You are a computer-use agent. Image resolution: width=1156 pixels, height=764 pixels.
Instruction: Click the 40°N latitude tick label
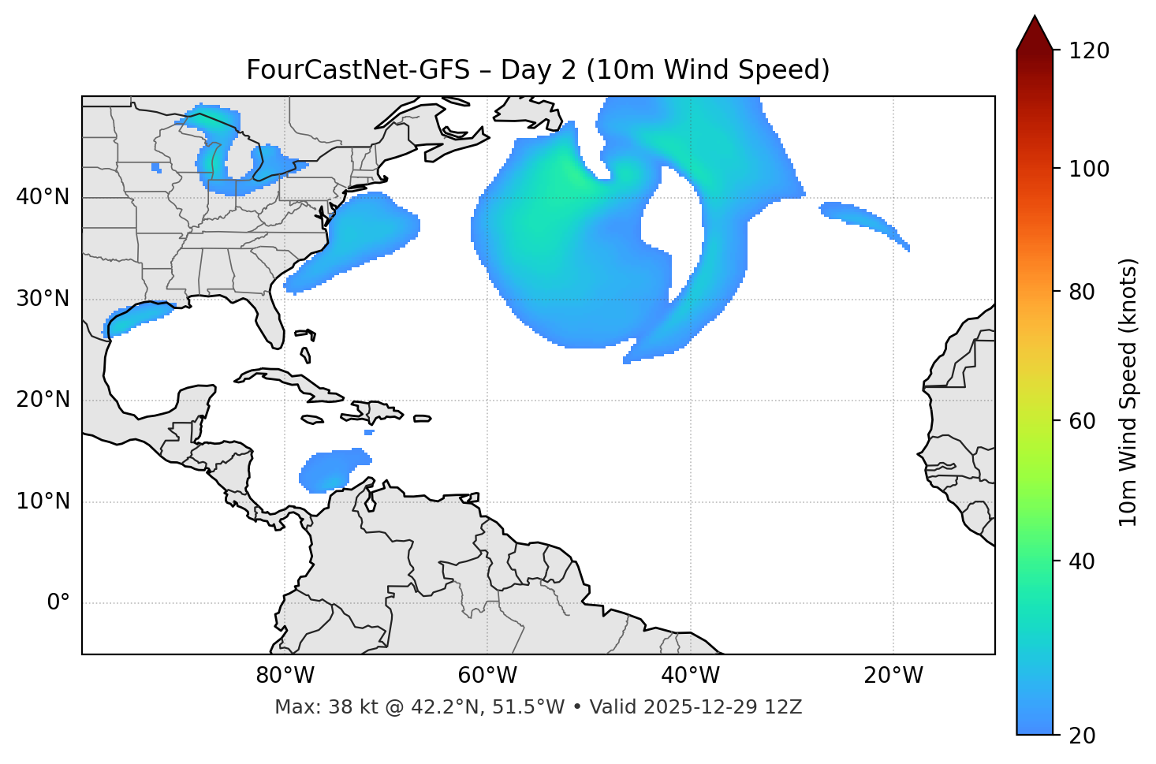pyautogui.click(x=43, y=197)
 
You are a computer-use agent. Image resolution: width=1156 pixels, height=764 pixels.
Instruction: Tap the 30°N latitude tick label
pyautogui.click(x=43, y=299)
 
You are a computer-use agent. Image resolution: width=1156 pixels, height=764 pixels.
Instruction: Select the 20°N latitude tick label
pyautogui.click(x=43, y=400)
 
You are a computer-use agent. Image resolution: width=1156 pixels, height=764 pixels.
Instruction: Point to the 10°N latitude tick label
pyautogui.click(x=43, y=501)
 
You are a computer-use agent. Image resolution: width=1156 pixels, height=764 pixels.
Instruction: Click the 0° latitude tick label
pyautogui.click(x=58, y=603)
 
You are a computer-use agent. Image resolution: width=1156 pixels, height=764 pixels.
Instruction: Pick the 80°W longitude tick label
pyautogui.click(x=285, y=676)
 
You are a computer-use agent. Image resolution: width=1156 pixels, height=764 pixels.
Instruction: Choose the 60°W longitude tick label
pyautogui.click(x=487, y=676)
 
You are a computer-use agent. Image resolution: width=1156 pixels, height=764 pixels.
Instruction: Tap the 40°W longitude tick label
pyautogui.click(x=691, y=676)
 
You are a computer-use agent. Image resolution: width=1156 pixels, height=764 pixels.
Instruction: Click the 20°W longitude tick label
pyautogui.click(x=893, y=676)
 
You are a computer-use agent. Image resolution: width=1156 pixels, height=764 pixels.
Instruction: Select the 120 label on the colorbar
pyautogui.click(x=1089, y=51)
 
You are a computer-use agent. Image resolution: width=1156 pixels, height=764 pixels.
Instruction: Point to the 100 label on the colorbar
pyautogui.click(x=1089, y=169)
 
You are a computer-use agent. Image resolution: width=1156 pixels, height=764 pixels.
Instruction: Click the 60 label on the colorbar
pyautogui.click(x=1083, y=421)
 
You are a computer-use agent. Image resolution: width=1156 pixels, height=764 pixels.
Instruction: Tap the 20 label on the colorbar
pyautogui.click(x=1083, y=736)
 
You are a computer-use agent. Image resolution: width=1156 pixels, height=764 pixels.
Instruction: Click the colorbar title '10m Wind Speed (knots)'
pyautogui.click(x=1128, y=392)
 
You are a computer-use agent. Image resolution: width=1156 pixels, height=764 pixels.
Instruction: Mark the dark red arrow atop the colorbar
pyautogui.click(x=1035, y=34)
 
